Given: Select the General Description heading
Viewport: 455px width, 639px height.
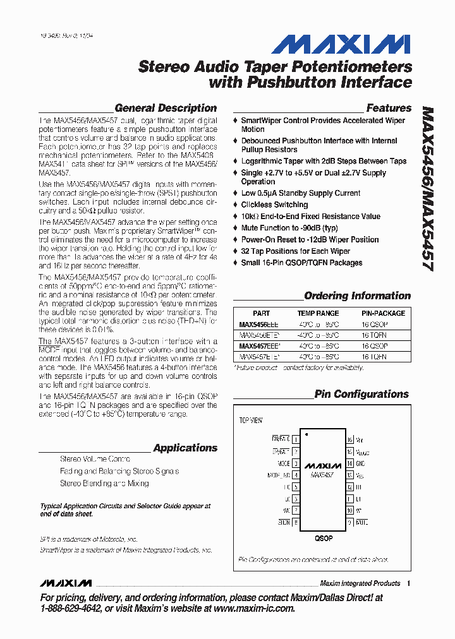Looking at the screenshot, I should pyautogui.click(x=166, y=108).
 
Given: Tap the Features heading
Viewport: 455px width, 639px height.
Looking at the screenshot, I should pyautogui.click(x=389, y=108).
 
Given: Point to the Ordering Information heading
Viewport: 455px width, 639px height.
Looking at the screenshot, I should pyautogui.click(x=357, y=296).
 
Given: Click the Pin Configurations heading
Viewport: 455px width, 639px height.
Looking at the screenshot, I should pyautogui.click(x=361, y=394).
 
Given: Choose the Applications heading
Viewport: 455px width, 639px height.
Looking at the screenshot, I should pyautogui.click(x=185, y=448).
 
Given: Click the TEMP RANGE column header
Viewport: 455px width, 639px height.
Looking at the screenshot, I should pyautogui.click(x=318, y=313).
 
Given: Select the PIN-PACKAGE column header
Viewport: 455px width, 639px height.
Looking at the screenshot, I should pyautogui.click(x=384, y=313).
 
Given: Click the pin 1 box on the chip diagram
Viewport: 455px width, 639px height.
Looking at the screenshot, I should pyautogui.click(x=295, y=439).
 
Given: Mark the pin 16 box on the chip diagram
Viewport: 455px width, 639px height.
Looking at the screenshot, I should pyautogui.click(x=349, y=439).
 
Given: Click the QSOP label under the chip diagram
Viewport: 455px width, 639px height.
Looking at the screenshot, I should pyautogui.click(x=323, y=539).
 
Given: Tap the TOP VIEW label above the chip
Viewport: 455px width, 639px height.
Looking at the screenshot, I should pyautogui.click(x=251, y=420).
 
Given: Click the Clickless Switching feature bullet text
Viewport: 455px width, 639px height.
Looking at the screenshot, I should pyautogui.click(x=274, y=205).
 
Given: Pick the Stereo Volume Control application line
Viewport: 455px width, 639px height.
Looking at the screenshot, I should pyautogui.click(x=95, y=459).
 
